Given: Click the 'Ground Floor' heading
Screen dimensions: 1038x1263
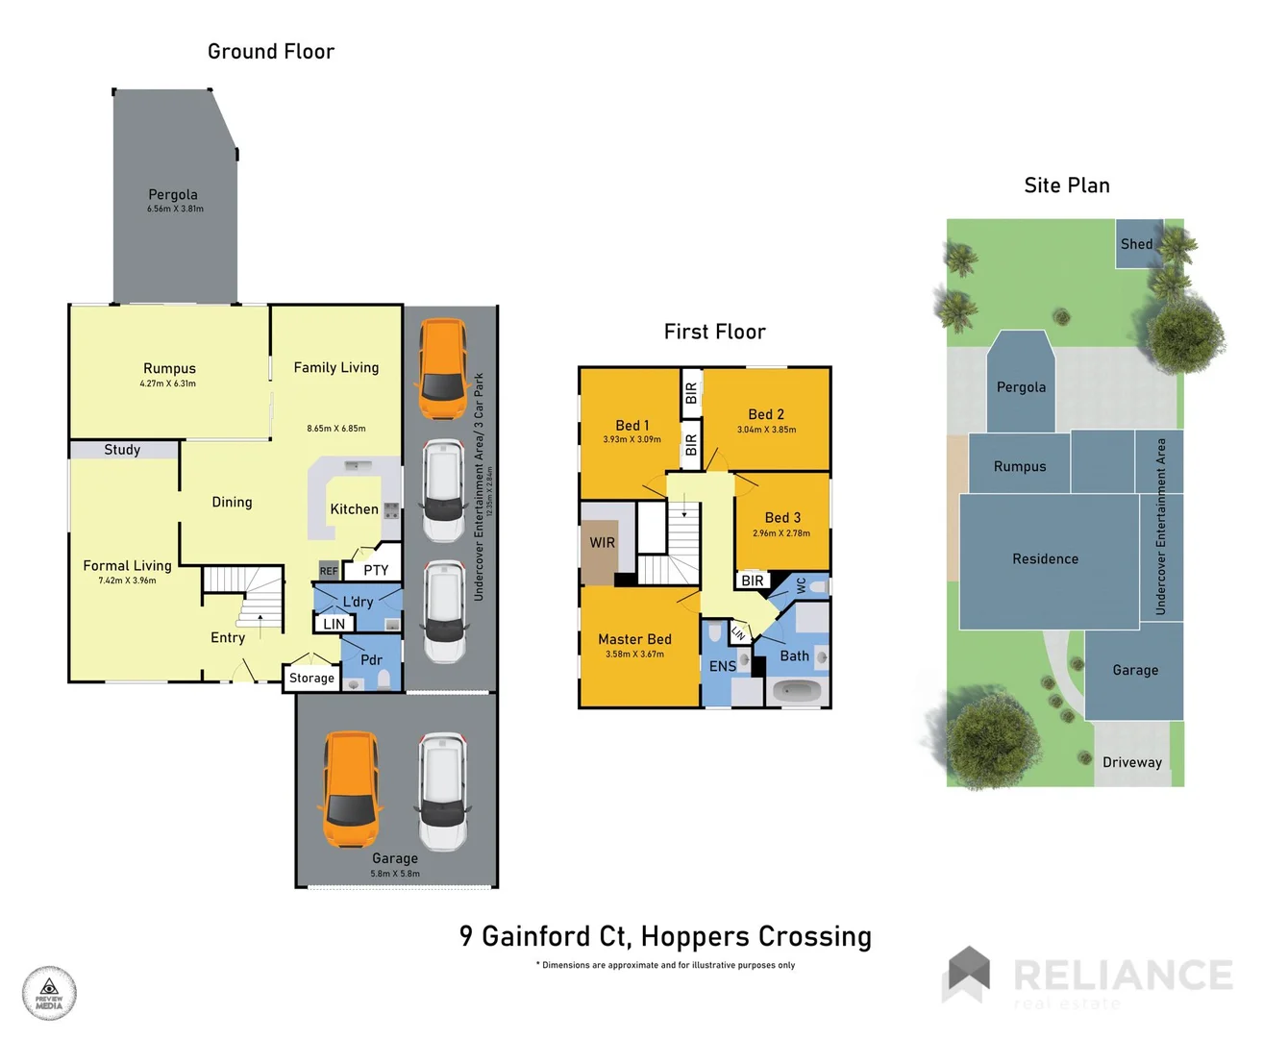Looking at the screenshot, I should (271, 52).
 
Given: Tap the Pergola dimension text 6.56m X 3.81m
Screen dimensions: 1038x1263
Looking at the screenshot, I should (175, 209).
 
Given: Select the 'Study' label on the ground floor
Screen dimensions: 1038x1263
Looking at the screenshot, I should (122, 450).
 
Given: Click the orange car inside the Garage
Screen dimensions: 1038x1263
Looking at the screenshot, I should (351, 790).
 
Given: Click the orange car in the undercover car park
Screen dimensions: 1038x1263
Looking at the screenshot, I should (443, 368).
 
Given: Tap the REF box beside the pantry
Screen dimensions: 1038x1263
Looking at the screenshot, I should (329, 571).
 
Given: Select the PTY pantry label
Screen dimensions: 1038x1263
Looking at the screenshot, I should (376, 570).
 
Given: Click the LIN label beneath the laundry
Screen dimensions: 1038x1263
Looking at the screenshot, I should (334, 624).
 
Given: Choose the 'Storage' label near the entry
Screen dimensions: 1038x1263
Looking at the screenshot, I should (311, 678).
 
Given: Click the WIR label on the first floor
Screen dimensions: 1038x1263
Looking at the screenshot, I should (603, 543).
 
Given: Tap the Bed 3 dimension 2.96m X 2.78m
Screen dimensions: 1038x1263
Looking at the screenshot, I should (781, 533).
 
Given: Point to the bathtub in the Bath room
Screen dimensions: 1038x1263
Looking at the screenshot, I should (797, 690).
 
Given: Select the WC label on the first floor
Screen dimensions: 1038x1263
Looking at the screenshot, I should (801, 584).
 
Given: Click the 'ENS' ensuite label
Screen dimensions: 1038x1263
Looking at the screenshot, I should (723, 666).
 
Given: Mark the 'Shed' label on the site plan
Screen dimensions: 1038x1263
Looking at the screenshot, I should (1136, 244).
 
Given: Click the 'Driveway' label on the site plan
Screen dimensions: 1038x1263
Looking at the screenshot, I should (1132, 762).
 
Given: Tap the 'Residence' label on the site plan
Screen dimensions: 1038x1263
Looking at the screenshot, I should (1045, 558).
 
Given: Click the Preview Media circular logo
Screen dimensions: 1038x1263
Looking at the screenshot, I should (49, 993).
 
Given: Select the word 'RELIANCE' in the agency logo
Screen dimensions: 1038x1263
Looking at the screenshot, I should (1123, 975).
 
